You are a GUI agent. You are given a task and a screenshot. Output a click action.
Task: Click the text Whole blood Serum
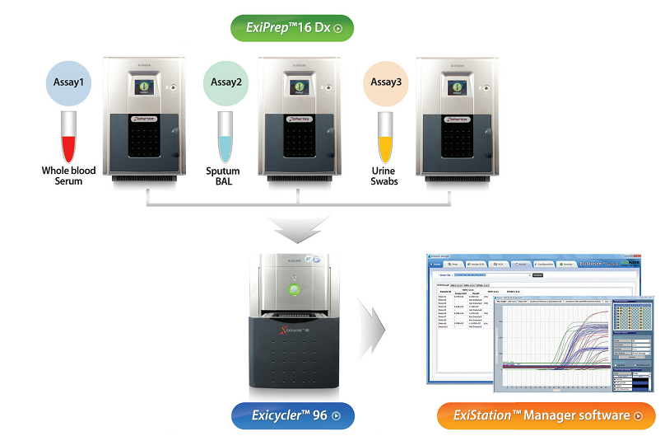69,176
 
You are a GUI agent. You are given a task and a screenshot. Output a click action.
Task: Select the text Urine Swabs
384,176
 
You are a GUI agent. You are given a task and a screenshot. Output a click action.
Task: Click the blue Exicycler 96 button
292,415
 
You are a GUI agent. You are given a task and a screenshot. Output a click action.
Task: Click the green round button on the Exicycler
293,289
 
